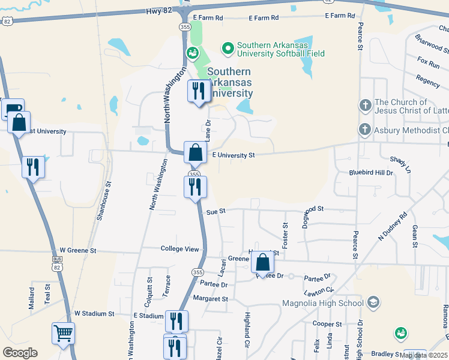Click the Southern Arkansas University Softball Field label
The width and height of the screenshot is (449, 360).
pos(281,49)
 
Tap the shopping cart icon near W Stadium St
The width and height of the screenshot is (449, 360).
pos(63,332)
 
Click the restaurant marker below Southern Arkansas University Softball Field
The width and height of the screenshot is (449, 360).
pos(198,91)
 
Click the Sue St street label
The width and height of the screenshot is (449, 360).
pos(215,211)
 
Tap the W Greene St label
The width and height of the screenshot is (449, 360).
pos(78,250)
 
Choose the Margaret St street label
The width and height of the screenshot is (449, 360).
pos(210,298)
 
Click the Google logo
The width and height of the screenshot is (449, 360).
pos(20,353)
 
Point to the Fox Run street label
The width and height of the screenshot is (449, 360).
pos(429,62)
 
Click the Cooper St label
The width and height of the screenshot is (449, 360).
pos(327,324)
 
